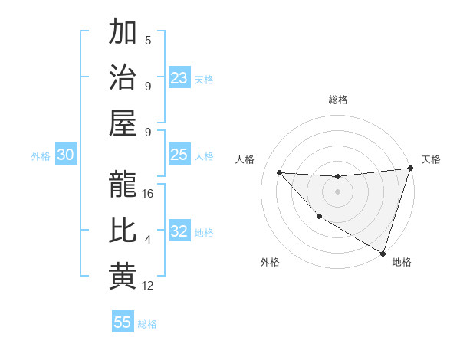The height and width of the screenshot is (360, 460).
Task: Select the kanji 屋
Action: [x=123, y=123]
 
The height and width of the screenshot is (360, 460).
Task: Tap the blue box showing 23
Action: [x=179, y=77]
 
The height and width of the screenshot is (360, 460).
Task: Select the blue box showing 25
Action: [x=179, y=155]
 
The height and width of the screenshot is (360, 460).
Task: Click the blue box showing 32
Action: [x=179, y=231]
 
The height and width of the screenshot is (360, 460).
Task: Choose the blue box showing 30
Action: [x=66, y=155]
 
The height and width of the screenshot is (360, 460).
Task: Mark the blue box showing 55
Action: [x=123, y=322]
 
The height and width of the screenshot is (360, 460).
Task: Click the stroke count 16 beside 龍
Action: [x=148, y=194]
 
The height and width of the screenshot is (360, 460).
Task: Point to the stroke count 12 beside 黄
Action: [x=148, y=286]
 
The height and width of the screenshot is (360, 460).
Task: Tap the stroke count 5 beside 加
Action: [x=148, y=41]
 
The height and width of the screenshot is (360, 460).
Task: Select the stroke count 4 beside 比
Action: [x=148, y=240]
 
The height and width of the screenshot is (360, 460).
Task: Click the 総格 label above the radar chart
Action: [x=337, y=100]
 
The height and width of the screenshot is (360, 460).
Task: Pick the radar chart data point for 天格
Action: [x=410, y=169]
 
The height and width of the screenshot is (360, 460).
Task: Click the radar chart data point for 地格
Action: [x=383, y=253]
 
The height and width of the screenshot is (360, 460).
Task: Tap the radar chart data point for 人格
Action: [x=279, y=172]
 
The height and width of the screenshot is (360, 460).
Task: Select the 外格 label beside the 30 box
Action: [x=41, y=155]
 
